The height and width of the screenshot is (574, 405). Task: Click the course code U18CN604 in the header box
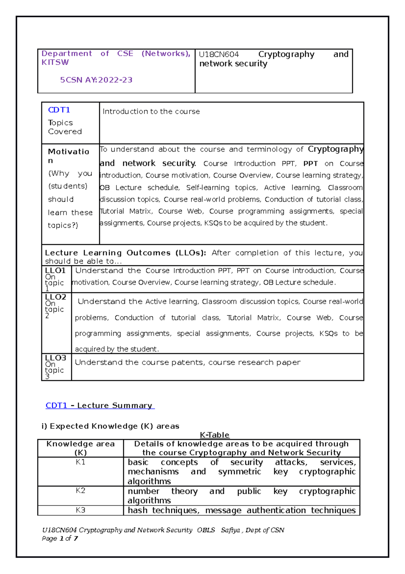click(219, 54)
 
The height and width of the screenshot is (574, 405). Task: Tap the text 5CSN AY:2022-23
click(96, 80)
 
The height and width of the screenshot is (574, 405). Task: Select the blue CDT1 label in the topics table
click(59, 110)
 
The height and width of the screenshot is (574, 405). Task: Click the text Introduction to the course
click(151, 112)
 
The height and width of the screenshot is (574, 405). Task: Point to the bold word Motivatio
click(69, 151)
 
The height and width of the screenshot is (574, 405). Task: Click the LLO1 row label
click(55, 270)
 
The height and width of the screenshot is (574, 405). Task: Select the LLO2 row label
click(56, 297)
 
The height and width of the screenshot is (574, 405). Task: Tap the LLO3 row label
click(56, 358)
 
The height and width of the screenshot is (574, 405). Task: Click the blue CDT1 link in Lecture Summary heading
click(56, 405)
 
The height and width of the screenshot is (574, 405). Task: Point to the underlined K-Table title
click(215, 435)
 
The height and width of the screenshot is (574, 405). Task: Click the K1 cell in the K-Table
click(80, 462)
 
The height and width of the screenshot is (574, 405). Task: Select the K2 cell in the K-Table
click(80, 491)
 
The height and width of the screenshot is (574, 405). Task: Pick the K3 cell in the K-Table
click(80, 510)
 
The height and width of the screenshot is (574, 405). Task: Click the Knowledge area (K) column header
click(80, 448)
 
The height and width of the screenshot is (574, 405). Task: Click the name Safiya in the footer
click(230, 530)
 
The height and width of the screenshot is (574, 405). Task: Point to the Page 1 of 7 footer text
click(60, 539)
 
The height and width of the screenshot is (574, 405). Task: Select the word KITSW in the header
click(55, 63)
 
